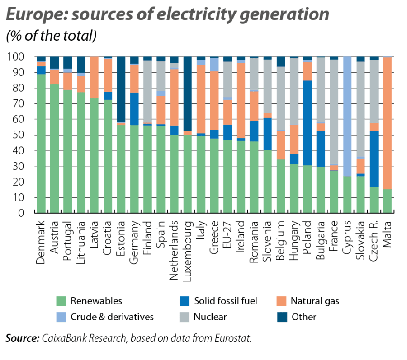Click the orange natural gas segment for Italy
point(201,99)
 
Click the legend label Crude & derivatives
point(112,317)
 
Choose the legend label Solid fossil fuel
point(226,301)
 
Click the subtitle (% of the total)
point(51,36)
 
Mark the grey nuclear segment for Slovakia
point(361,108)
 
